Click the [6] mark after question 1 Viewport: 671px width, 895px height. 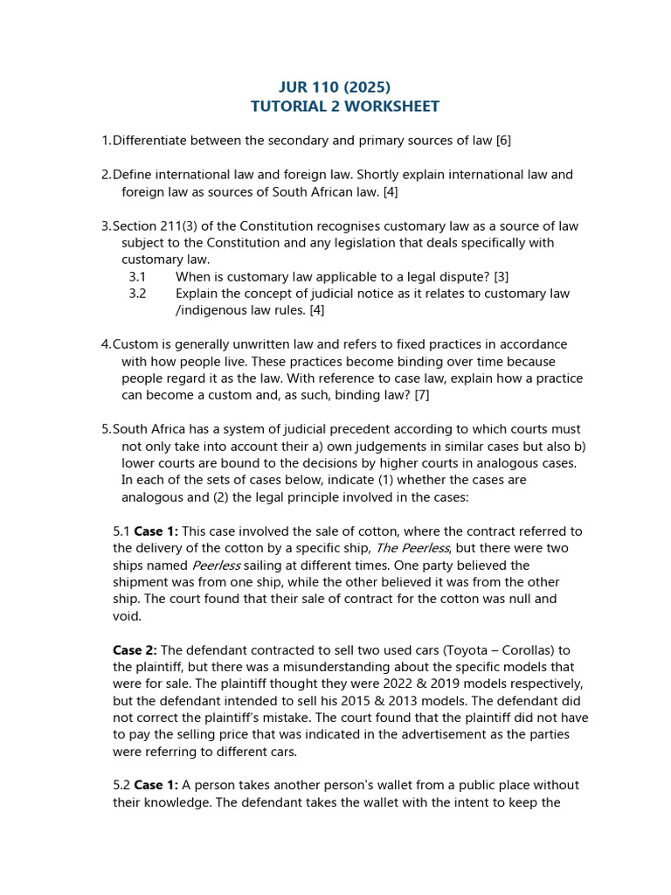point(502,140)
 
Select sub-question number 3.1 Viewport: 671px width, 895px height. point(137,276)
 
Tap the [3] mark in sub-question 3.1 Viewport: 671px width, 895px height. point(502,276)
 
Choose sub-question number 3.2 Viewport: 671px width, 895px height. point(137,294)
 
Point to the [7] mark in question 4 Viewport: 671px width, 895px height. point(422,395)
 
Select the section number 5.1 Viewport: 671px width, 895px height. point(121,531)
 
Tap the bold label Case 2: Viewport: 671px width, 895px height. point(135,649)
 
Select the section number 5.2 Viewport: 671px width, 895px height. point(121,785)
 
